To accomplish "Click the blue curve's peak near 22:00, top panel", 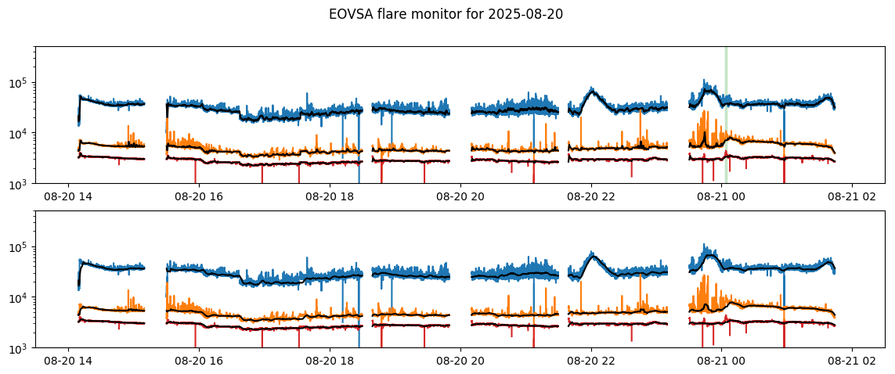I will [592, 89].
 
